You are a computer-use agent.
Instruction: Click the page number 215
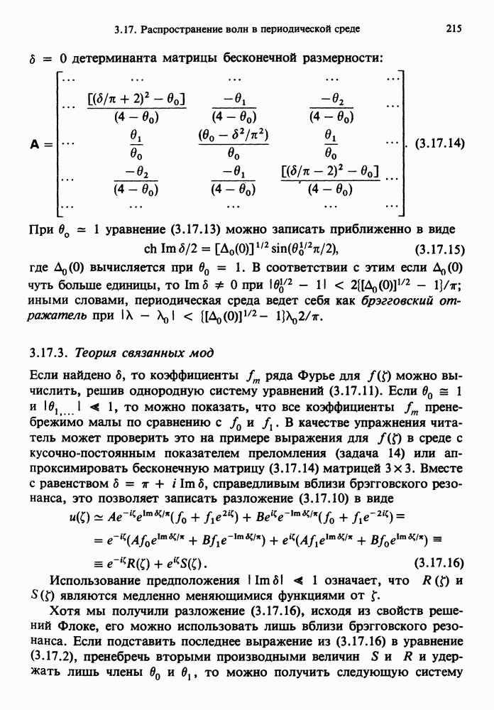click(454, 29)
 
